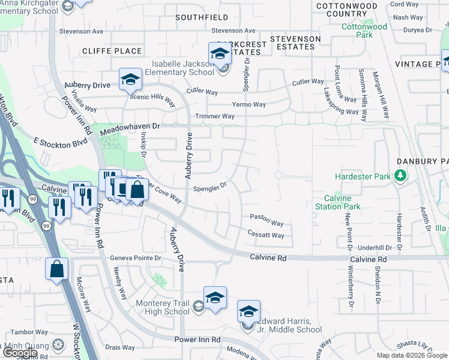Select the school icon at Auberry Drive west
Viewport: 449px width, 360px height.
130,79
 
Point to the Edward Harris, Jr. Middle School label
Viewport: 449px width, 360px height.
286,329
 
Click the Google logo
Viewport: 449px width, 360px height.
20,353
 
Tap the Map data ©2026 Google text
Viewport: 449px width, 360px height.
411,355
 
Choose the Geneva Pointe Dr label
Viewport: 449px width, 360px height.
136,258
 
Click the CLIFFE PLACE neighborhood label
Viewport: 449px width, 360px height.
112,51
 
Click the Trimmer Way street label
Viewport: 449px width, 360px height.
214,116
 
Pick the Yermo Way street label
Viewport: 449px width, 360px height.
249,104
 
